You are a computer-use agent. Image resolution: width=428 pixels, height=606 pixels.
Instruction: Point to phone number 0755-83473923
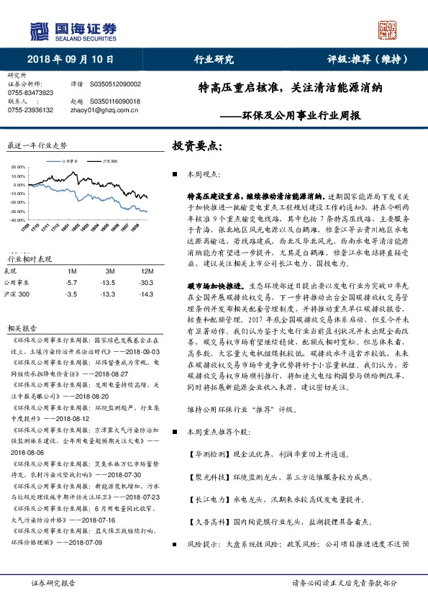coord(31,93)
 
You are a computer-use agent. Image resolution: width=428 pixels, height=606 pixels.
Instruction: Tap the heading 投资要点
coord(195,146)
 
